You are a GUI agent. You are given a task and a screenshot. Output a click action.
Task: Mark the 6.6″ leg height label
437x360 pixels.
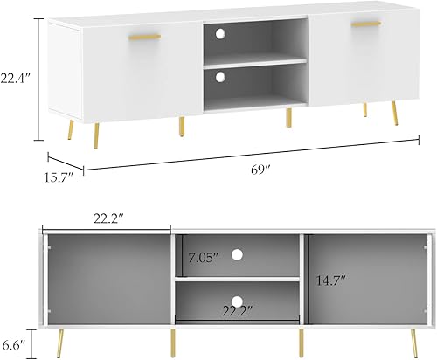[x=15, y=343]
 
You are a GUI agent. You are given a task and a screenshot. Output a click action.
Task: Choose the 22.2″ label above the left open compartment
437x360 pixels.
[x=109, y=216]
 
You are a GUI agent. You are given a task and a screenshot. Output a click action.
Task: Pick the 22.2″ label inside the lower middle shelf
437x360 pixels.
[x=239, y=308]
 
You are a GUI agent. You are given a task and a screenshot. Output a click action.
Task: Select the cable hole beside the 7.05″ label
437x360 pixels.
[x=236, y=255]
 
